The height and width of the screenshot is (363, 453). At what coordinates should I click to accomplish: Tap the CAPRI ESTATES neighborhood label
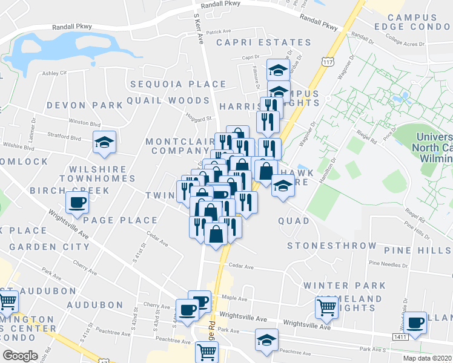point(263,43)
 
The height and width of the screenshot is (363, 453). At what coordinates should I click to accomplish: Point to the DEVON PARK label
point(84,105)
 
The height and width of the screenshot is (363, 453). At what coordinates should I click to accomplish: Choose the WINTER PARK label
point(345,285)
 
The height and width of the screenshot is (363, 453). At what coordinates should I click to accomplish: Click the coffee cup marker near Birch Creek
point(78,203)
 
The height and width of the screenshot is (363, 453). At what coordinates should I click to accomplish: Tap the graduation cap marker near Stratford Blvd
point(104,144)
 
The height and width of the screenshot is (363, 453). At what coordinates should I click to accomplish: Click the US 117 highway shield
point(327,62)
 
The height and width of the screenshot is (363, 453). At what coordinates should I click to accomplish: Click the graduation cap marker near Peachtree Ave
point(266,341)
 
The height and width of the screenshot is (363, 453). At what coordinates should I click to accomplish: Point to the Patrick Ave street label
point(219,32)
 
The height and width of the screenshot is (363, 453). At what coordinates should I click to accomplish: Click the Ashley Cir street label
point(54,73)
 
